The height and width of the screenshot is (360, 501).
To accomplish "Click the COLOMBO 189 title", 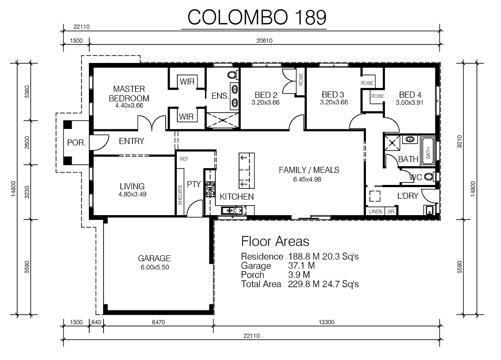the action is (x=257, y=17).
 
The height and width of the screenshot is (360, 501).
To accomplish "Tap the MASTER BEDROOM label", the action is (x=129, y=94).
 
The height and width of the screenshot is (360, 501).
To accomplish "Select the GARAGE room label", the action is (x=154, y=258).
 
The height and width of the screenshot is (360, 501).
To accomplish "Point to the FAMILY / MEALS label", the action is (x=309, y=170).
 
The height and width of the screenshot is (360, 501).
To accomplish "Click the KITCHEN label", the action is (x=237, y=197).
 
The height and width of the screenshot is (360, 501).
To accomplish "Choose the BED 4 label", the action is (x=410, y=95).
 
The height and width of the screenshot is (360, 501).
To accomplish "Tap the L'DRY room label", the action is (x=408, y=196).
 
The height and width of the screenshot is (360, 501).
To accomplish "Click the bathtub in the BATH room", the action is (x=428, y=151).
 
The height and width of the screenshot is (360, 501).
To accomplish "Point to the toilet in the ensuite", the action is (x=232, y=75).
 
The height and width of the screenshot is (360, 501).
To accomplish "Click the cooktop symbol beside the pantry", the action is (x=210, y=188).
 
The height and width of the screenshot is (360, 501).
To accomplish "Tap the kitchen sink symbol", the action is (x=232, y=210).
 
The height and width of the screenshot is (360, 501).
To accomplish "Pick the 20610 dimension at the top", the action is (x=264, y=41).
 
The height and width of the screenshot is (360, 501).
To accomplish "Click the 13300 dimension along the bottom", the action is (x=327, y=322).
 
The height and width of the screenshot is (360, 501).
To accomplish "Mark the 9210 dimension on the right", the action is (x=460, y=141).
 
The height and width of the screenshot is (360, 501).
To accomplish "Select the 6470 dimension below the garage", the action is (x=158, y=322).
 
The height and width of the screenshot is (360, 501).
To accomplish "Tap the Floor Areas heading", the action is (x=275, y=241).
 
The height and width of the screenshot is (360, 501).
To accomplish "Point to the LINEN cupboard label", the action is (x=375, y=212).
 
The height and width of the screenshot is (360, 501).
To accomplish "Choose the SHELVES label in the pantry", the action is (x=180, y=195).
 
